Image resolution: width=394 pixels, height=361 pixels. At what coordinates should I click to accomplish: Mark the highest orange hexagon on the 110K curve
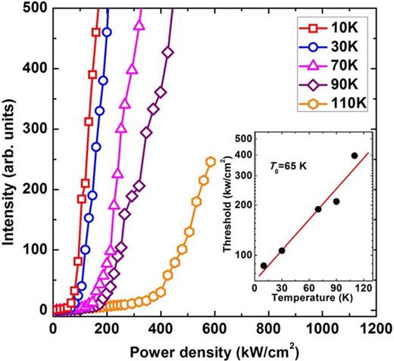[x=211, y=162]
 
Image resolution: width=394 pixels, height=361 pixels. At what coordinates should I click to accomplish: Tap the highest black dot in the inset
[x=355, y=156]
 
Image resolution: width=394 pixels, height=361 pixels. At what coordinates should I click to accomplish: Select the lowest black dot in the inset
[x=264, y=266]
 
